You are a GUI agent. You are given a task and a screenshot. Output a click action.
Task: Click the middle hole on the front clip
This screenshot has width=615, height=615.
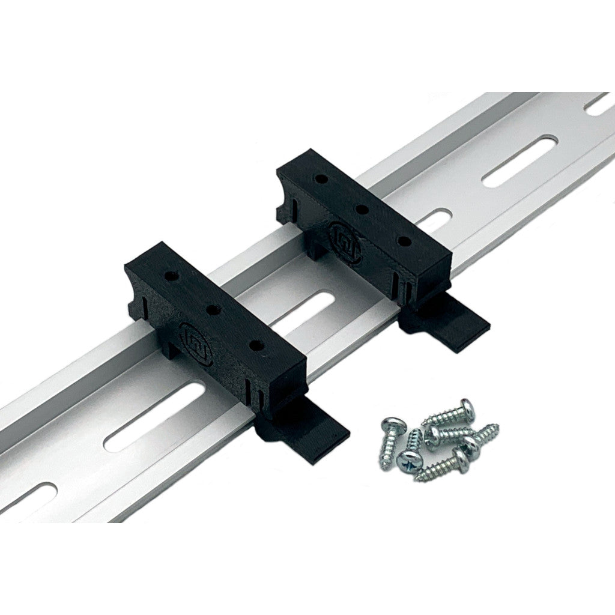[213, 310]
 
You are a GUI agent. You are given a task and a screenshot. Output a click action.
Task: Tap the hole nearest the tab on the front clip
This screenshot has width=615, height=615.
[256, 345]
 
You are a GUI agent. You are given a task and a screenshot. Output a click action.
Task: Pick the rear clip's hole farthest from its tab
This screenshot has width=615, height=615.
[321, 178]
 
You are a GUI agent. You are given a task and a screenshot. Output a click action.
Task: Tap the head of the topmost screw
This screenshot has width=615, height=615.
[466, 408]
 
